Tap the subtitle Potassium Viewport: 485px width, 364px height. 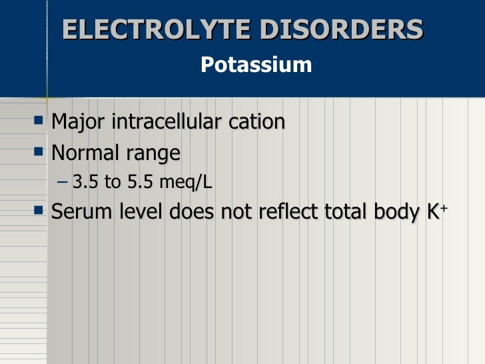(256, 65)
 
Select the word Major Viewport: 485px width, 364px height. (79, 122)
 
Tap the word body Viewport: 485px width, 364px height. (393, 213)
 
